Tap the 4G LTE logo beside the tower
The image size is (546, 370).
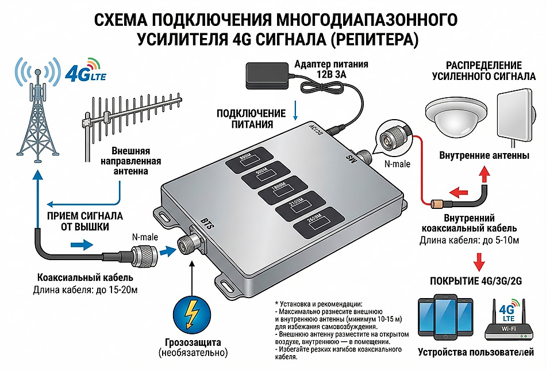pos(85,73)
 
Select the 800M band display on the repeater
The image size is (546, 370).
pos(248,161)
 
